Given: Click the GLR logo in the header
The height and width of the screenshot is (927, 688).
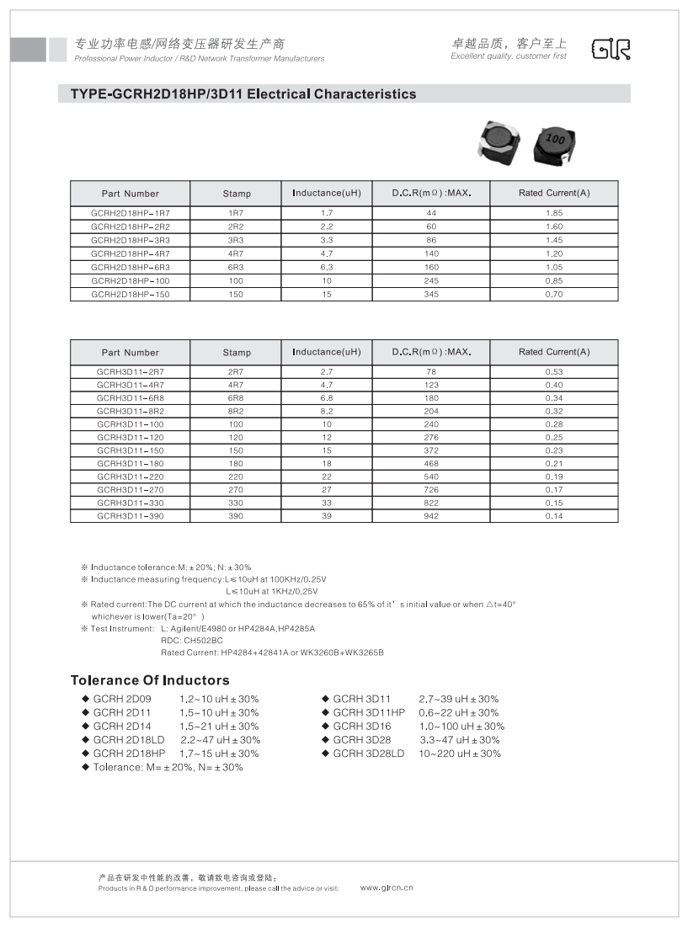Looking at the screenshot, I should click(611, 49).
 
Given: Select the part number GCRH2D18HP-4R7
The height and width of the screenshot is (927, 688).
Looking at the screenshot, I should click(130, 253).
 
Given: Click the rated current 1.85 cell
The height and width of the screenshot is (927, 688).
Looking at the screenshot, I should click(553, 214).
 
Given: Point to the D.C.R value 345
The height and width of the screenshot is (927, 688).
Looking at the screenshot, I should click(431, 294).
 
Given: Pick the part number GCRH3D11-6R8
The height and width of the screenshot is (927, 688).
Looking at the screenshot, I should click(130, 398).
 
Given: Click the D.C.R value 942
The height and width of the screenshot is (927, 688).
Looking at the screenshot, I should click(431, 516).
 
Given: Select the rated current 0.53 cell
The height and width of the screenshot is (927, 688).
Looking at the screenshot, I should click(553, 372).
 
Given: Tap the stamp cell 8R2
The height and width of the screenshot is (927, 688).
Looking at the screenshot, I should click(237, 412).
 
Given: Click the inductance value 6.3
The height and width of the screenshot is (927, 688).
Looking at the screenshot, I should click(327, 267).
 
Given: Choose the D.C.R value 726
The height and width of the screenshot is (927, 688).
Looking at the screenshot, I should click(431, 490).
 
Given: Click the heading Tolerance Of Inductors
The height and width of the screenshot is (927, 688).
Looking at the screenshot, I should click(149, 680).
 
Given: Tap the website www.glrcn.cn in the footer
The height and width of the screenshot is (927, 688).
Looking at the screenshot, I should click(387, 887).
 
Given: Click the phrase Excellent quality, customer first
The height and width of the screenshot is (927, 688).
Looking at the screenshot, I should click(509, 56).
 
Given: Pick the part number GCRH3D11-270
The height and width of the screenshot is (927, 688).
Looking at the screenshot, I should click(130, 490).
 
